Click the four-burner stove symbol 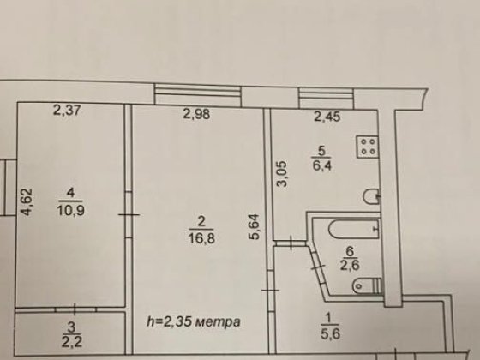369,146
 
